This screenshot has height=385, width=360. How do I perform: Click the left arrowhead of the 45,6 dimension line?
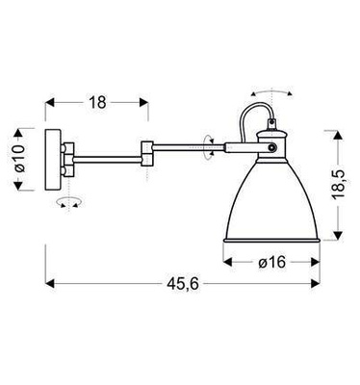pyautogui.click(x=51, y=284)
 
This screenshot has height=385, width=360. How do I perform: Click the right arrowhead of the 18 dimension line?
pyautogui.click(x=145, y=101)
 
